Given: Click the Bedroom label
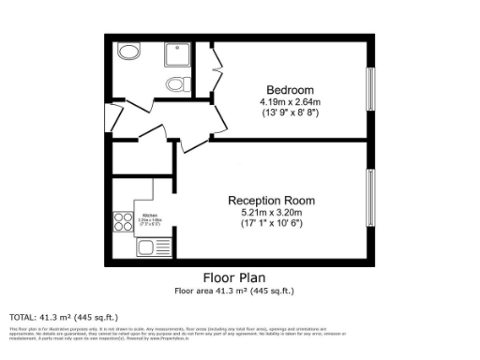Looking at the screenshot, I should pyautogui.click(x=290, y=90).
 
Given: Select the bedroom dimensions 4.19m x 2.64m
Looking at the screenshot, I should pyautogui.click(x=290, y=101).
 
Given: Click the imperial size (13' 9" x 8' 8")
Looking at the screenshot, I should pyautogui.click(x=290, y=112).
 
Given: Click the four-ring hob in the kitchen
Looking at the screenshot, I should pyautogui.click(x=123, y=221).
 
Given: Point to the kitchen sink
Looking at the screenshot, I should pyautogui.click(x=146, y=247).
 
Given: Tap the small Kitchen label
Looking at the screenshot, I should pyautogui.click(x=150, y=216).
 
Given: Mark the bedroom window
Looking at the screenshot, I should pyautogui.click(x=371, y=90).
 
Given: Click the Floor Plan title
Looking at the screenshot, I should pyautogui.click(x=234, y=277).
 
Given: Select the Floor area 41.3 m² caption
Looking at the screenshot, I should pyautogui.click(x=234, y=291).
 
